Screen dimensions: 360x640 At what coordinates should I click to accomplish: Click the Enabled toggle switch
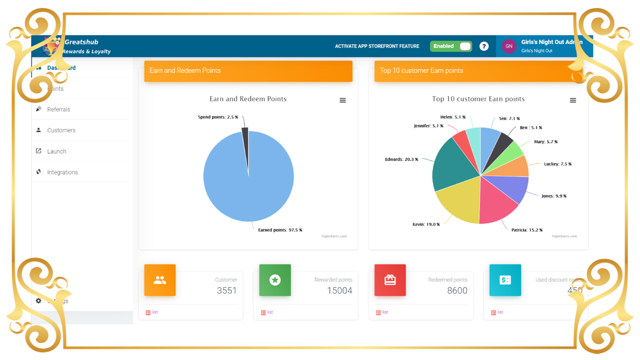click(x=451, y=46)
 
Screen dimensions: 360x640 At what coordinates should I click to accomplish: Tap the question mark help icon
click(x=483, y=46)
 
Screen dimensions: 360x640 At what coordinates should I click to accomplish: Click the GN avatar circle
click(x=508, y=46)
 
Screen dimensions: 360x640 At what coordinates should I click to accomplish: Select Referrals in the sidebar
click(x=58, y=109)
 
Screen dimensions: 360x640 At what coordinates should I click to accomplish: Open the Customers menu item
click(x=61, y=130)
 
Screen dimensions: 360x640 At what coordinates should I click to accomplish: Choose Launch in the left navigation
click(x=56, y=151)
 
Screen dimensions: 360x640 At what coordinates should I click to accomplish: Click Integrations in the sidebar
click(x=62, y=172)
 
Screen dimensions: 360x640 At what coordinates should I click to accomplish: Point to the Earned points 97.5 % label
click(x=280, y=230)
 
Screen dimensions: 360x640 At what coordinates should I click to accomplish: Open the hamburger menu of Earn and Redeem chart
click(x=342, y=100)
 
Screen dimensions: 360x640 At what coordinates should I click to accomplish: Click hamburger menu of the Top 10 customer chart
click(x=573, y=100)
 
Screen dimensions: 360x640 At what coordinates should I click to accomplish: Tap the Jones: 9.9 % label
click(x=554, y=196)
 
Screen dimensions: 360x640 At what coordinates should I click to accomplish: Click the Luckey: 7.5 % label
click(x=557, y=164)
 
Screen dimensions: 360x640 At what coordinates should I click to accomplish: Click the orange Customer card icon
click(x=160, y=280)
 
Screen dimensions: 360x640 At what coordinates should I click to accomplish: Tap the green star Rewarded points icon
click(x=275, y=280)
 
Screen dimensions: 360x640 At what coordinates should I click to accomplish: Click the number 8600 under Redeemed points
click(x=457, y=290)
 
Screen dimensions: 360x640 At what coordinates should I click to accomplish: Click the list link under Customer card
click(x=154, y=312)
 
